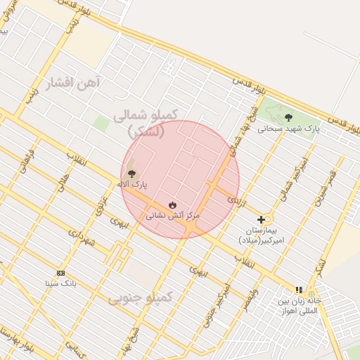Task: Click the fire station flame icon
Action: click(172, 205)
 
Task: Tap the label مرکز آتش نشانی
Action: click(173, 216)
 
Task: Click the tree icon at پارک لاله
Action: click(131, 173)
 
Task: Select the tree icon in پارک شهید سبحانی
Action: click(288, 117)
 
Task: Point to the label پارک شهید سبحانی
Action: click(288, 129)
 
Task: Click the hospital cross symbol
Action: click(261, 219)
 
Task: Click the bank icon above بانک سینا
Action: click(60, 273)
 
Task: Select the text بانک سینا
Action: click(60, 283)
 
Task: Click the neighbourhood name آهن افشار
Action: click(73, 84)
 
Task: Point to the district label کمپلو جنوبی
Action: click(140, 298)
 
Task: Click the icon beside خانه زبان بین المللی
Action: click(299, 289)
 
